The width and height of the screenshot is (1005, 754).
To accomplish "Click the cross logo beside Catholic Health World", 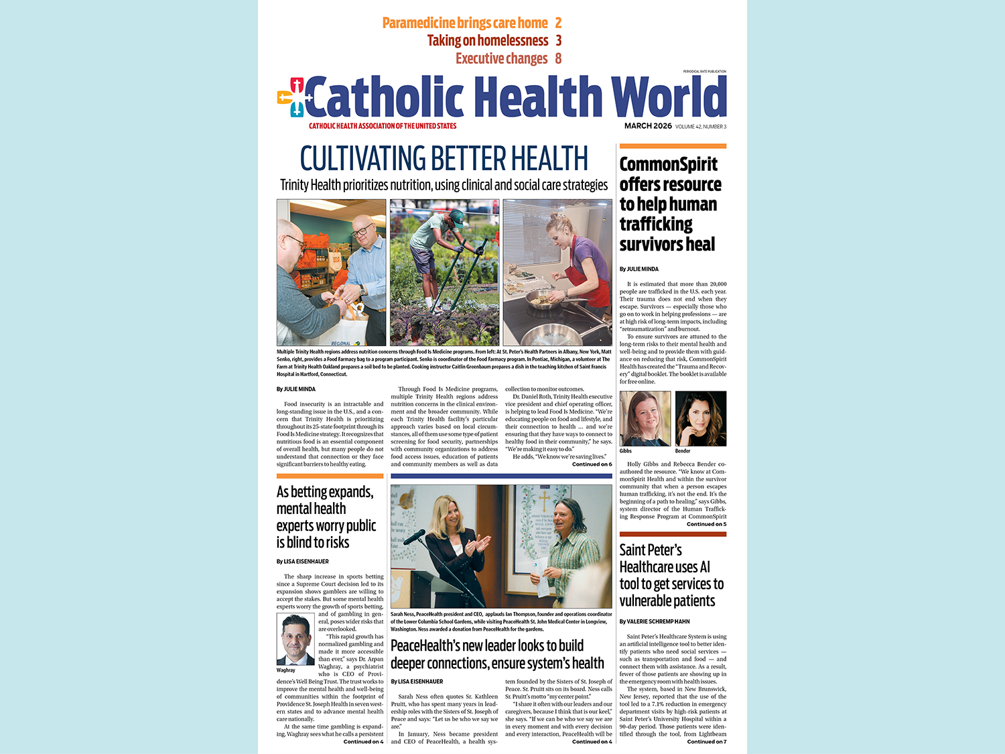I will pyautogui.click(x=291, y=98).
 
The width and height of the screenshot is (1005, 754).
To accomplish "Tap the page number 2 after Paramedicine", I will pyautogui.click(x=558, y=23).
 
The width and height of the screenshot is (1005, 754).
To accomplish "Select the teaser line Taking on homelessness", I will pyautogui.click(x=488, y=41).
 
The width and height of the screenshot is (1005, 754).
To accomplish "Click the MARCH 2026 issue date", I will pyautogui.click(x=648, y=126).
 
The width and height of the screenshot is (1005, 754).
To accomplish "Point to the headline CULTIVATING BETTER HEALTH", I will pyautogui.click(x=444, y=159).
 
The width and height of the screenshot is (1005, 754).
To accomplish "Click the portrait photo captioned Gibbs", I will pyautogui.click(x=645, y=419).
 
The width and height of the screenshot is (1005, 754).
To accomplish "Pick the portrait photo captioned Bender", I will pyautogui.click(x=700, y=419).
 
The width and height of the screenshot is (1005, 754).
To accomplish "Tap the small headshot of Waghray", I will pyautogui.click(x=295, y=639).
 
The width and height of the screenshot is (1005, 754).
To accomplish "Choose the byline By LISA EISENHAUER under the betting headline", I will pyautogui.click(x=303, y=562).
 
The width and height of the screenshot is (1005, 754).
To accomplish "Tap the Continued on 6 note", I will pyautogui.click(x=592, y=464).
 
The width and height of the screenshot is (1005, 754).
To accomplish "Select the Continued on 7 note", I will pyautogui.click(x=706, y=741).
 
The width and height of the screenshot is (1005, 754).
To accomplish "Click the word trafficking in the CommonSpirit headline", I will pyautogui.click(x=656, y=225).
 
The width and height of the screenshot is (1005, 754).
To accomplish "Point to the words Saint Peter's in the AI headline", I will pyautogui.click(x=651, y=550).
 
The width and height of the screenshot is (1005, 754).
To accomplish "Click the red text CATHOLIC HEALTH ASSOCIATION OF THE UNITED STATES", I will pyautogui.click(x=383, y=126).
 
